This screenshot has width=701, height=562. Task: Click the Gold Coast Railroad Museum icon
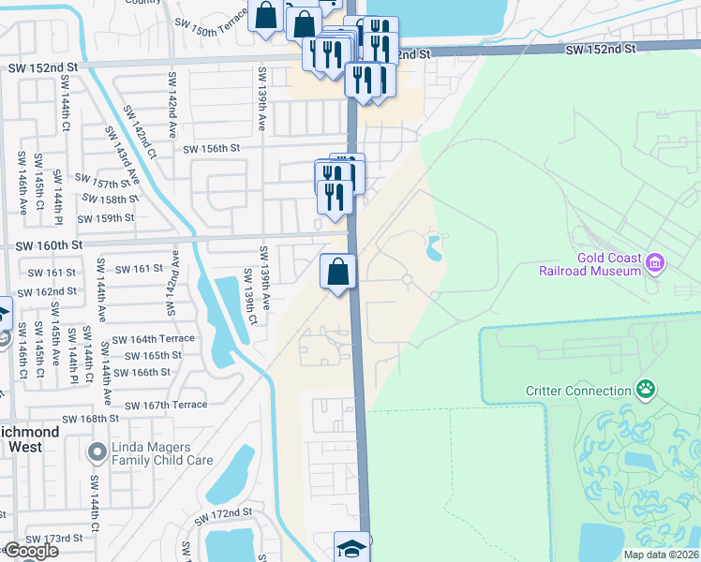point(655,264)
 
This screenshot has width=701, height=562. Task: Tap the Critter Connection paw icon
point(645,389)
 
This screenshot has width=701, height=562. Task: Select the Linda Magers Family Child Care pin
point(95,453)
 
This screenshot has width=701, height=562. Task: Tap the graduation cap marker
point(352,548)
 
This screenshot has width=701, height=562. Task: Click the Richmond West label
point(28,440)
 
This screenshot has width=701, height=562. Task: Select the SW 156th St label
point(212,149)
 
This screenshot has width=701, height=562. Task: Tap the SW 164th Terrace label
point(154,338)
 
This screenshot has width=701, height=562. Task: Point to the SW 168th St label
point(94,419)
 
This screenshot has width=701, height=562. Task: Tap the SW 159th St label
point(106,218)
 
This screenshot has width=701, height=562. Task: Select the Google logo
point(31,551)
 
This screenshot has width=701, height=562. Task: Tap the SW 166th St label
point(142,372)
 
